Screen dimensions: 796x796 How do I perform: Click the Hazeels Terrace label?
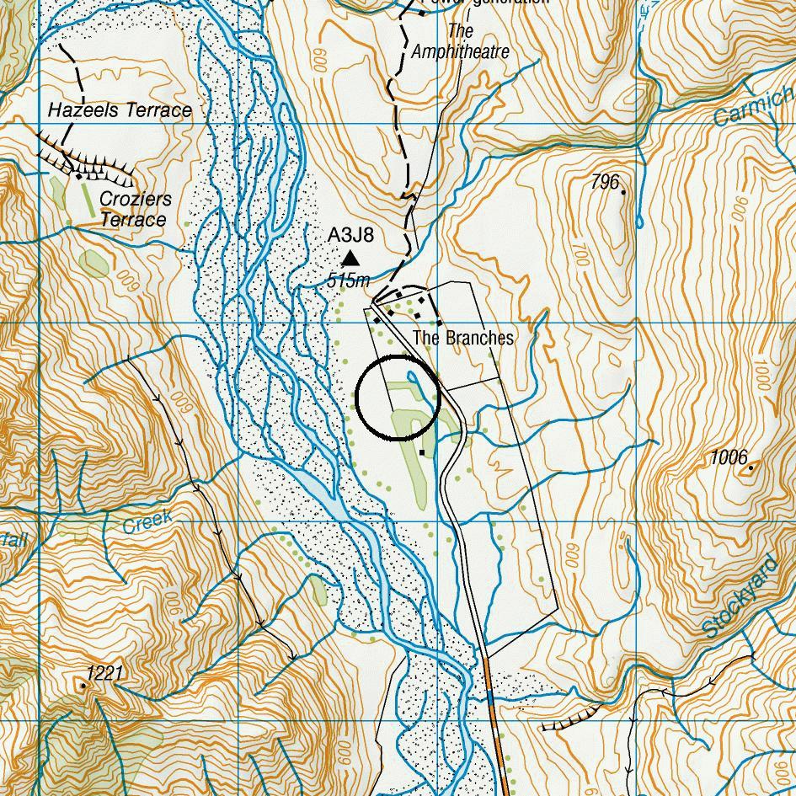point(120,110)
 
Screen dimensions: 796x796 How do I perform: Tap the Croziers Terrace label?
point(134,210)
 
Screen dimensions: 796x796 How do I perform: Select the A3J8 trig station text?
point(350,236)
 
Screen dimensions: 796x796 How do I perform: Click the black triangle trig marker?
point(350,258)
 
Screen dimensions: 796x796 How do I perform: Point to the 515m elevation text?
point(348,280)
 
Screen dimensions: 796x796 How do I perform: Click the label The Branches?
point(462,338)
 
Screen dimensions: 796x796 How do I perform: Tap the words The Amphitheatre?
point(460,42)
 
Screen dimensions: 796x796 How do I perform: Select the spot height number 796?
point(604,182)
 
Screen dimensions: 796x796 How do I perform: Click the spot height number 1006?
point(728,457)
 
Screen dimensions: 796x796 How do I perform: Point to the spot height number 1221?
point(105,673)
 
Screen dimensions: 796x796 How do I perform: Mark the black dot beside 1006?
point(751,464)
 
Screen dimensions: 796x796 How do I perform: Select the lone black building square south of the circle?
point(421,452)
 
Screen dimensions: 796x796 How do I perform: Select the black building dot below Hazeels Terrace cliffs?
point(78,176)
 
